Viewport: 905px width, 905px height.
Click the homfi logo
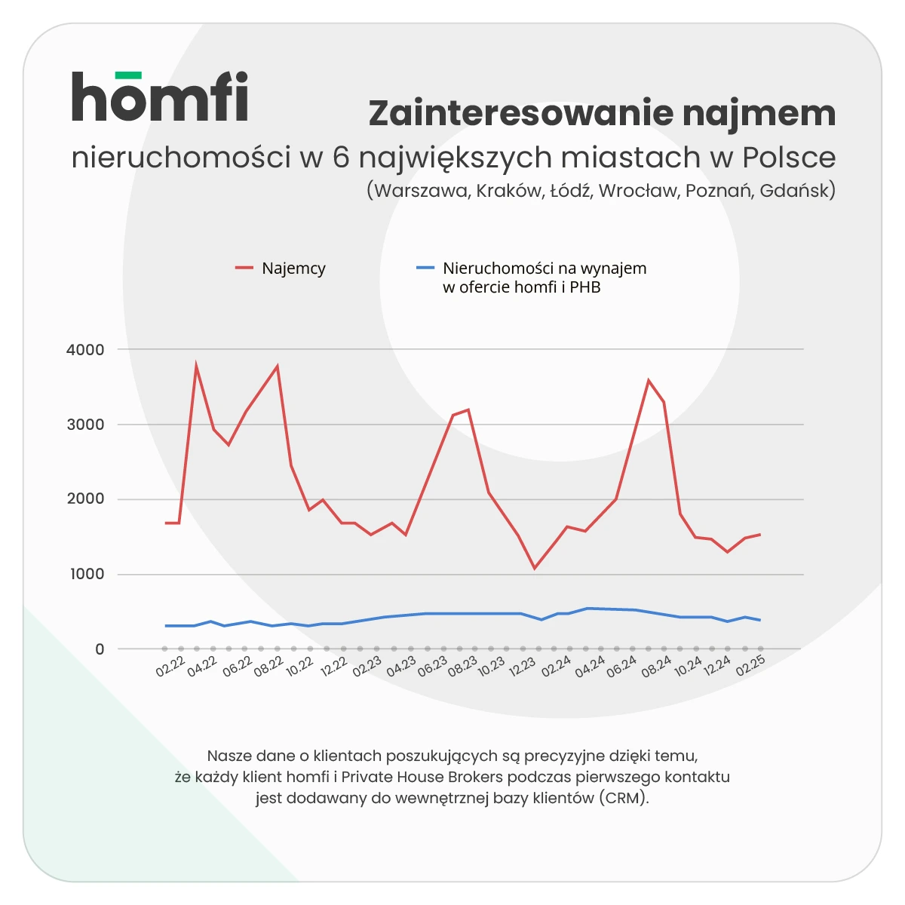(160, 97)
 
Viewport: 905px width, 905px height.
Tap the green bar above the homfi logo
(127, 75)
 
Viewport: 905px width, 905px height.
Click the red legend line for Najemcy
(244, 268)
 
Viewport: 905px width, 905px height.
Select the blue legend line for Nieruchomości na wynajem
(425, 268)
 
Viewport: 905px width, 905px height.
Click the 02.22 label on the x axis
(170, 667)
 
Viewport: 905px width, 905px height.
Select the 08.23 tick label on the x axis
(462, 667)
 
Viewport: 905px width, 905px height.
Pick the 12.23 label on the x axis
(522, 667)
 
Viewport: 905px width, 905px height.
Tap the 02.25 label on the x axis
(750, 667)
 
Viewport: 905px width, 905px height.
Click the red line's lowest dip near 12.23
(534, 568)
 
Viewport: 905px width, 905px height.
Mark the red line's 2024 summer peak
(649, 380)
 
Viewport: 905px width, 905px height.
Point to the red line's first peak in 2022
(196, 367)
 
